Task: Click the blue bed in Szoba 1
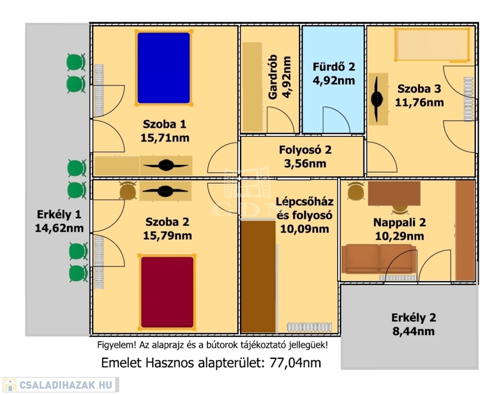pyautogui.click(x=164, y=67)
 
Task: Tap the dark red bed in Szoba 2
pyautogui.click(x=167, y=292)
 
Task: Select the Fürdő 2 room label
pyautogui.click(x=334, y=66)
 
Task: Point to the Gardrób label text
pyautogui.click(x=273, y=77)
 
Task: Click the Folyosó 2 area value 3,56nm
pyautogui.click(x=305, y=164)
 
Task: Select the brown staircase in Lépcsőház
pyautogui.click(x=258, y=276)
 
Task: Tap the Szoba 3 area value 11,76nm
pyautogui.click(x=419, y=102)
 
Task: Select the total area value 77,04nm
pyautogui.click(x=294, y=363)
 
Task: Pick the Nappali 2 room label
pyautogui.click(x=400, y=223)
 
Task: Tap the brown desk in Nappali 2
pyautogui.click(x=394, y=193)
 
